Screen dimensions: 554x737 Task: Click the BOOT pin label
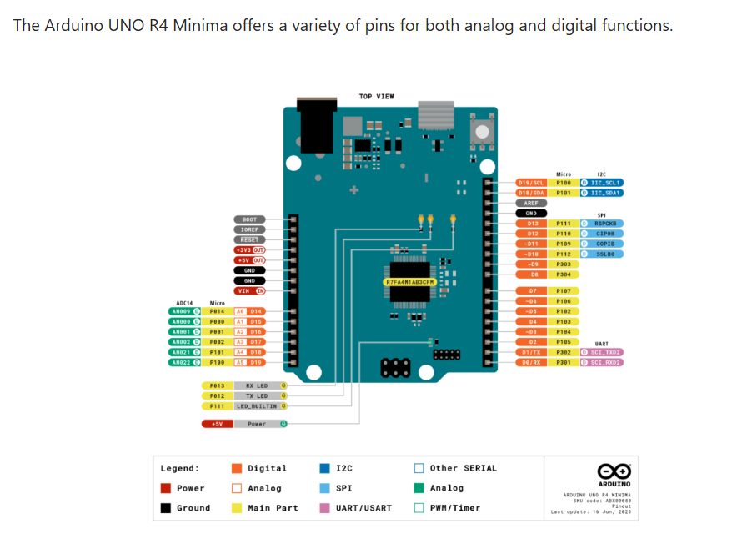tap(249, 219)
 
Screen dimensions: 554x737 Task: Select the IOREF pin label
tap(249, 229)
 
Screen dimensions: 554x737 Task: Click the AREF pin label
tap(531, 203)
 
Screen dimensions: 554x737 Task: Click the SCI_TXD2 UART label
tap(606, 352)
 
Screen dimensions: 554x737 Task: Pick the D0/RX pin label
tap(531, 362)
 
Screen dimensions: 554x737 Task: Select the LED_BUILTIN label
tap(256, 405)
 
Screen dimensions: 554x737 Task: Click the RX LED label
tap(256, 385)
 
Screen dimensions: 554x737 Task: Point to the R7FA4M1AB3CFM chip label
tap(409, 282)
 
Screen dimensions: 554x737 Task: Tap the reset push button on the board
tap(481, 132)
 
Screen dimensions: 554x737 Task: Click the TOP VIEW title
tap(377, 97)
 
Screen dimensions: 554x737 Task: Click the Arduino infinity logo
tap(614, 471)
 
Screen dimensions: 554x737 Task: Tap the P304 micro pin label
tap(563, 274)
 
